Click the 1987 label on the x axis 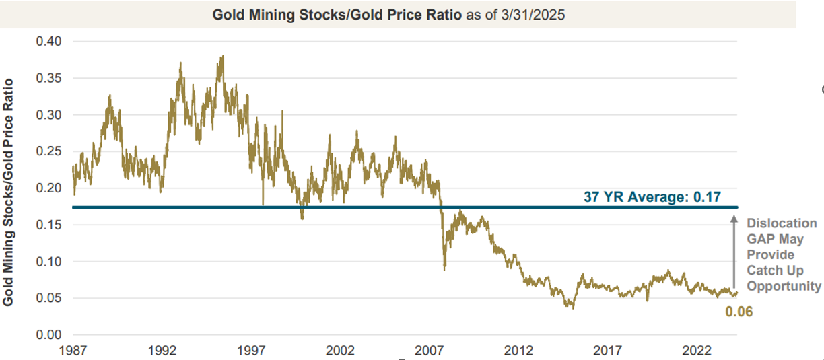[73, 351]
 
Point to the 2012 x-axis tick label [518, 351]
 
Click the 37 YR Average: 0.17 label [652, 198]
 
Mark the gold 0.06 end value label [739, 312]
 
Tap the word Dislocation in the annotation [782, 223]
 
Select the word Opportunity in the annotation [784, 286]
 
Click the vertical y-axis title [9, 192]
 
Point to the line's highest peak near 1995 [221, 57]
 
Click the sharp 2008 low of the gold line [444, 270]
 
